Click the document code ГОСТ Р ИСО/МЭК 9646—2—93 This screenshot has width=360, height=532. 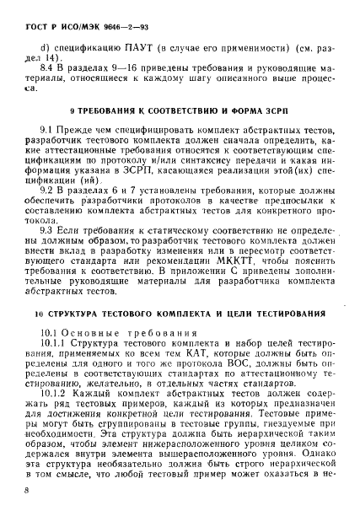(x=71, y=15)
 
